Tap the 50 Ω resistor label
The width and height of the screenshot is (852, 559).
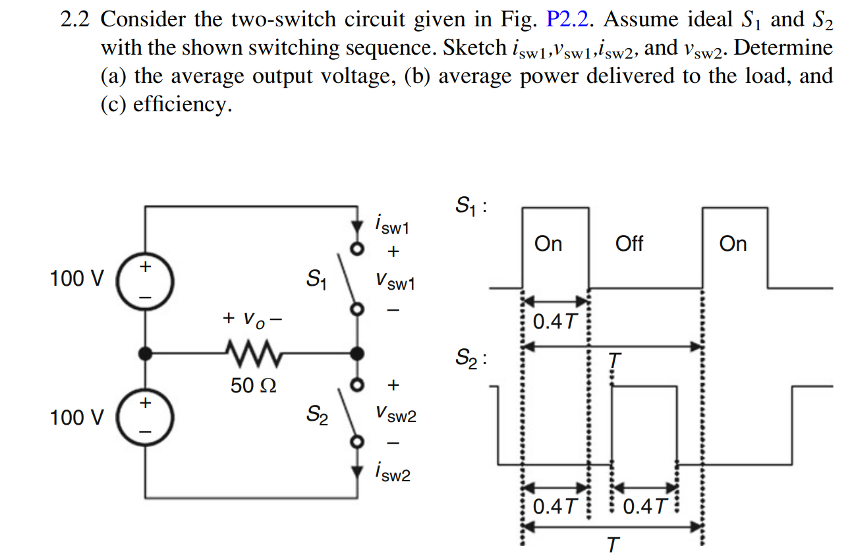click(253, 386)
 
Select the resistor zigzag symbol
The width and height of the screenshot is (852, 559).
click(253, 354)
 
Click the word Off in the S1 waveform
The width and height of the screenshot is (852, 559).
click(629, 244)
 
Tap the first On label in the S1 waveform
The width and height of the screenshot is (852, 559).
click(548, 244)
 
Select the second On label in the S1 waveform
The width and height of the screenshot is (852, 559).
click(733, 244)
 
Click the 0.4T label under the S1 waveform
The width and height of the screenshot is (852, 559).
click(554, 322)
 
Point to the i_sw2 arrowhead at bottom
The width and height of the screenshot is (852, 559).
click(357, 471)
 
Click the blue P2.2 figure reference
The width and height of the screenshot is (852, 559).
click(572, 20)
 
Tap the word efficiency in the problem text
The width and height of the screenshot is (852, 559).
click(181, 105)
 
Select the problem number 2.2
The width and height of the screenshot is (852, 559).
click(74, 20)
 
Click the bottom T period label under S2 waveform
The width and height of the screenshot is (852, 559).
click(613, 546)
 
